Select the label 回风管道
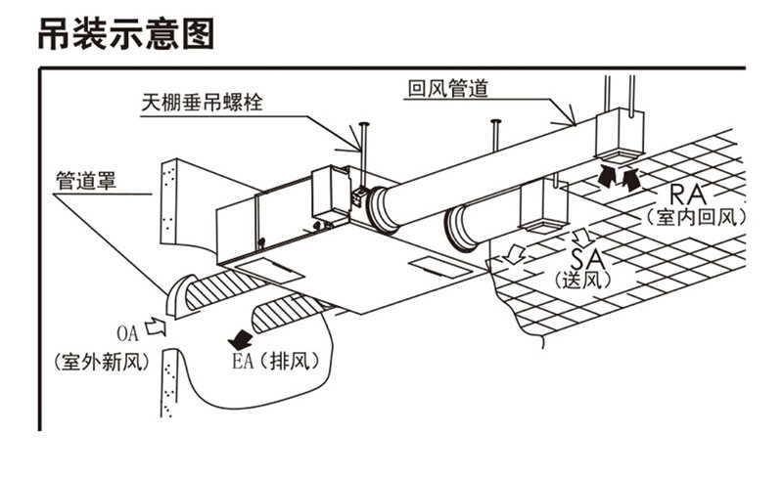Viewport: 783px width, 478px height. [447, 90]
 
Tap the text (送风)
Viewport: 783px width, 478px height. [583, 282]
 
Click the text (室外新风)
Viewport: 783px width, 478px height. [102, 363]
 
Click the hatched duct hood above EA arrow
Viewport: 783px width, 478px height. [286, 313]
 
